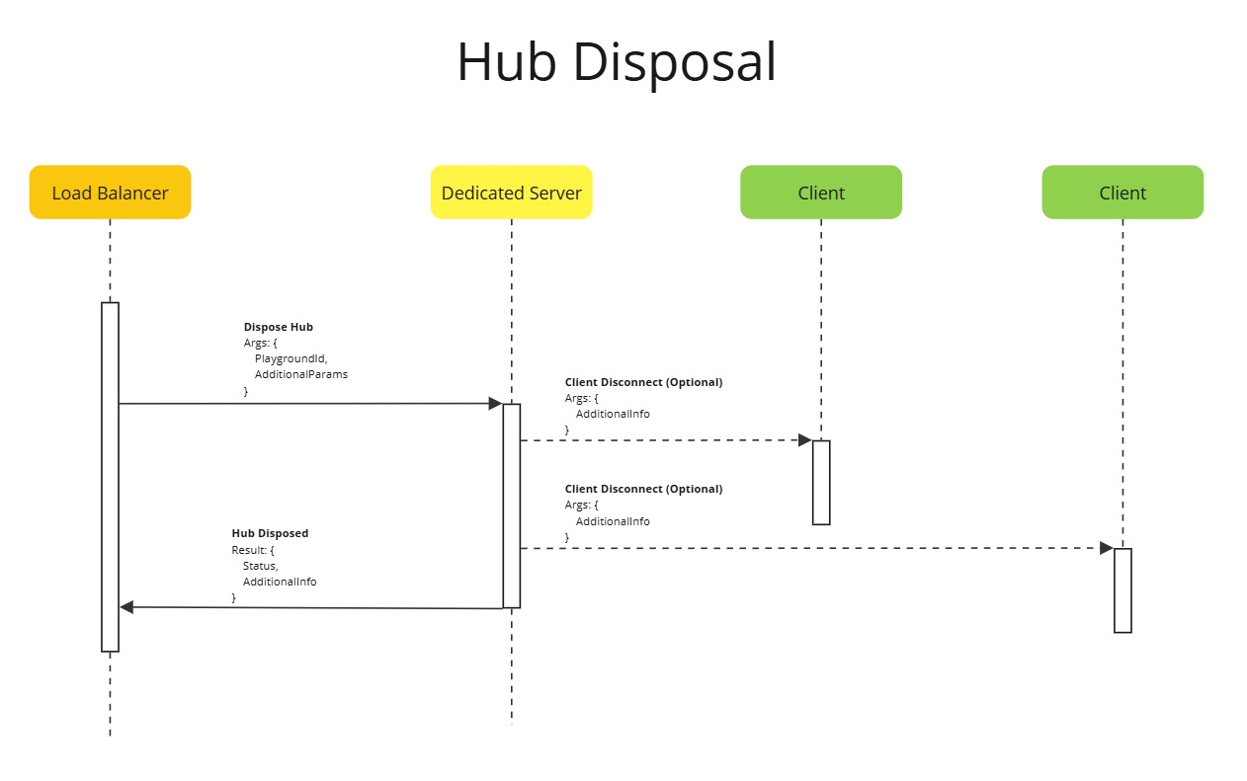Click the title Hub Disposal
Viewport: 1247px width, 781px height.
[617, 62]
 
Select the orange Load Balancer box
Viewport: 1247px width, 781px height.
[110, 193]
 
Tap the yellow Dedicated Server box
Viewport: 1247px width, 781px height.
[511, 193]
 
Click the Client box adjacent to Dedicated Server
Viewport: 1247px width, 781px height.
[820, 193]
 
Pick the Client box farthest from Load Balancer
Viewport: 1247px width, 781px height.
[1122, 193]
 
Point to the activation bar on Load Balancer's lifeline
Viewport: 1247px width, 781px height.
[110, 476]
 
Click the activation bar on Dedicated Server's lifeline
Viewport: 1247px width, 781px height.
[511, 505]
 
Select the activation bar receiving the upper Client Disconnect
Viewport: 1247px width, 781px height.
[821, 482]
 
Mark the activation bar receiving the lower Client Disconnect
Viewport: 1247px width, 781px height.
[1122, 589]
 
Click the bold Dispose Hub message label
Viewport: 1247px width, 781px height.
[278, 327]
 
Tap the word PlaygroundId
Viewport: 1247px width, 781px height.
[291, 358]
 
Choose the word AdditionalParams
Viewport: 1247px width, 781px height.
[300, 375]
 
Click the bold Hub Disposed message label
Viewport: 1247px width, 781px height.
[270, 533]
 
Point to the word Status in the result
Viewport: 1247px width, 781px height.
[260, 566]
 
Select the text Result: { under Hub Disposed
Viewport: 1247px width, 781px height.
[252, 550]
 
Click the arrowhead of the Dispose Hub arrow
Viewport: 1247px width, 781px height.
[495, 403]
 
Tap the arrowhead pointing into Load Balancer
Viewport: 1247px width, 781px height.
[126, 607]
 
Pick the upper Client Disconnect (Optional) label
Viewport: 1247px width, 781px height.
[643, 382]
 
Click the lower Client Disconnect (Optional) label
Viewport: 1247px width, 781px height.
[643, 489]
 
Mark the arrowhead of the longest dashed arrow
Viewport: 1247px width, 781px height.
[1107, 548]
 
